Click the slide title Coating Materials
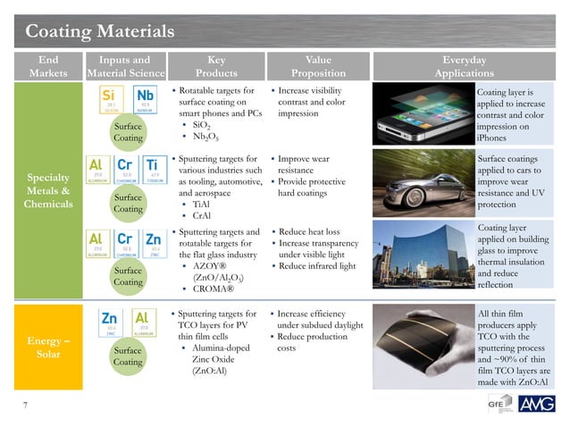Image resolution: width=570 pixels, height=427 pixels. point(98,31)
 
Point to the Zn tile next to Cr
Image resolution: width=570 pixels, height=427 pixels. point(153,244)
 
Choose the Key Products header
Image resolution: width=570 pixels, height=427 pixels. point(215,67)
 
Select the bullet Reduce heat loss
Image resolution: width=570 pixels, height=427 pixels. point(308,232)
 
